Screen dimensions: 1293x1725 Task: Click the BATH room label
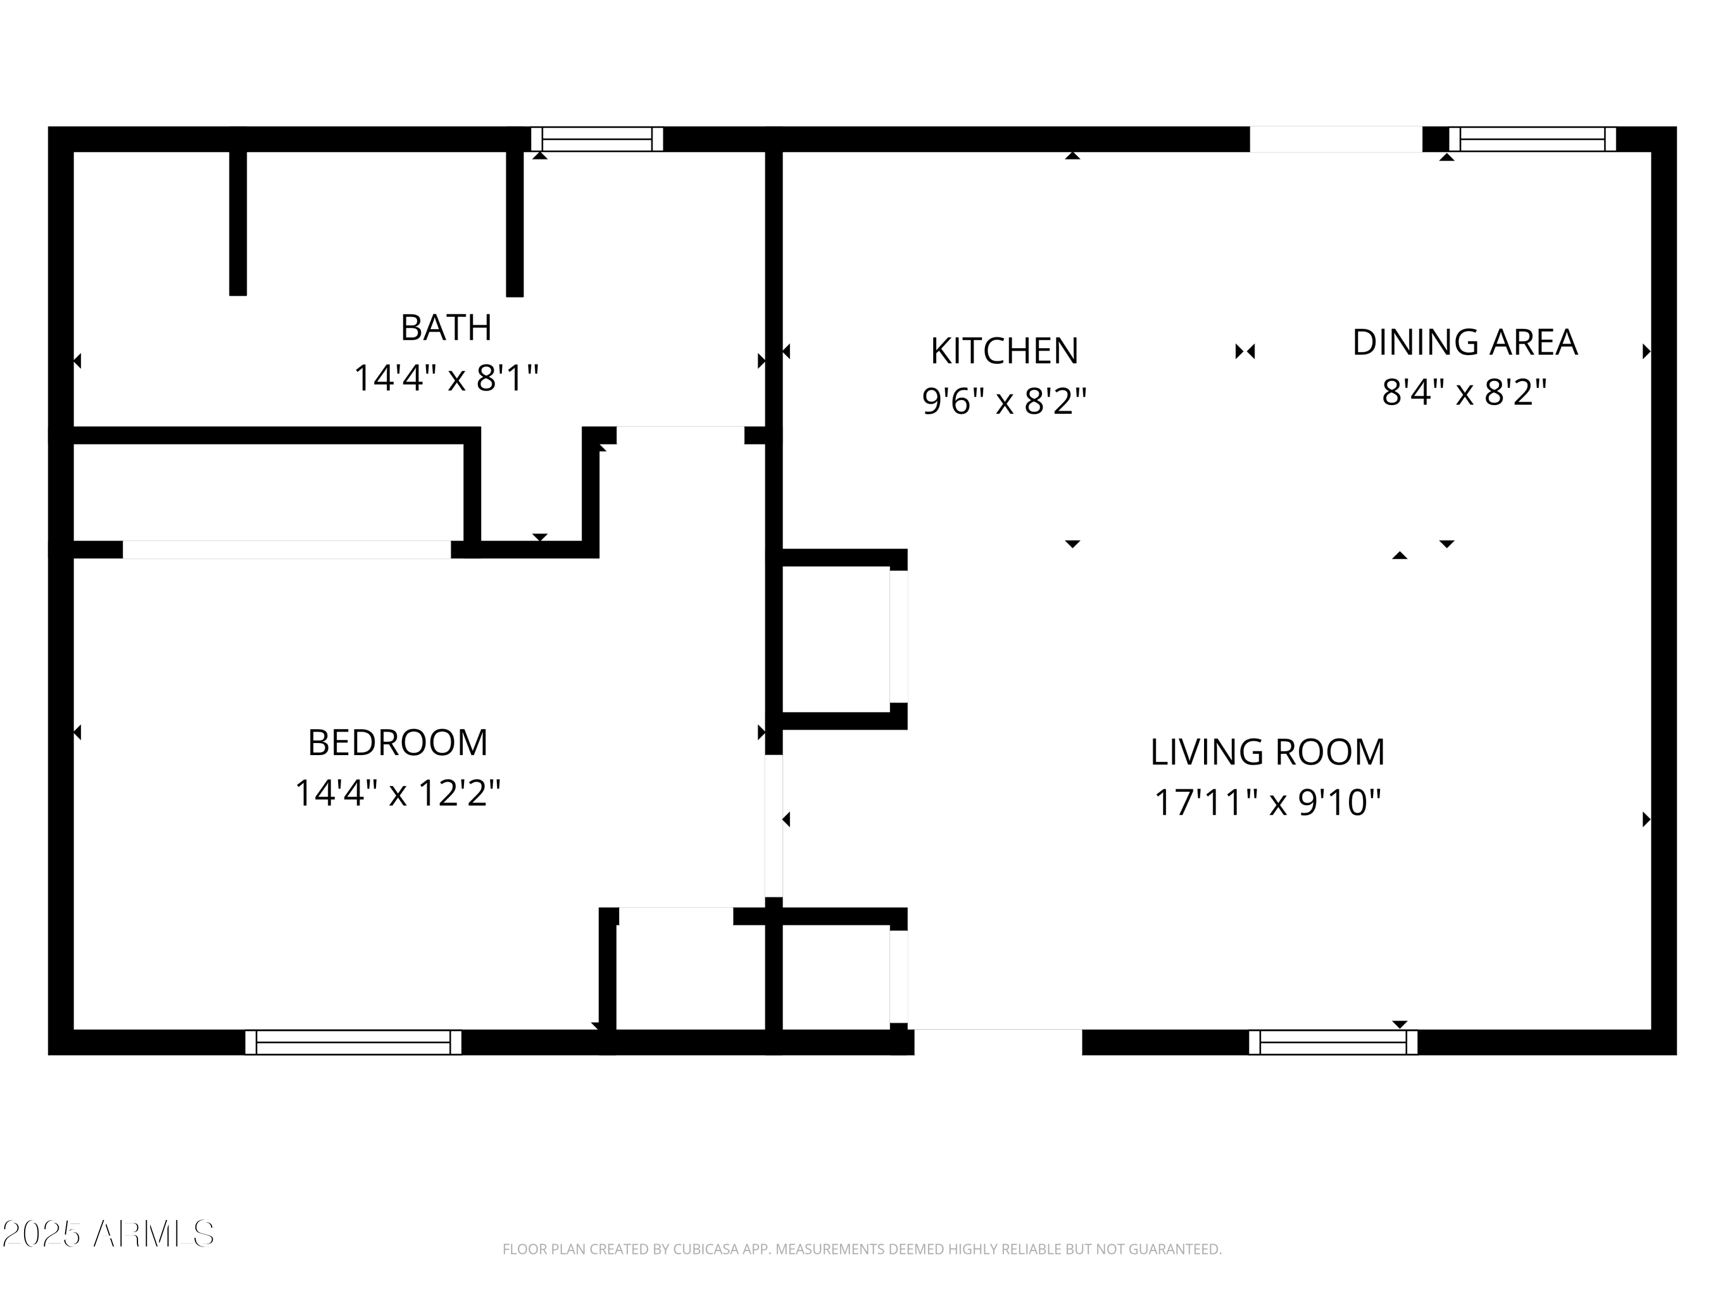pyautogui.click(x=446, y=328)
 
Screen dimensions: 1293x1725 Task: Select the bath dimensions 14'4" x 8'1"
pyautogui.click(x=446, y=379)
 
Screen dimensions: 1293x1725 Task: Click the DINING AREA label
pyautogui.click(x=1464, y=343)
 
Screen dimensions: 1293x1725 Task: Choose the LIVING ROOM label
pyautogui.click(x=1267, y=753)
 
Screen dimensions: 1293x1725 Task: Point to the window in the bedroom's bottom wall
pyautogui.click(x=353, y=1043)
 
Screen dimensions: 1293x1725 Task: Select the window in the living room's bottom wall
pyautogui.click(x=1333, y=1043)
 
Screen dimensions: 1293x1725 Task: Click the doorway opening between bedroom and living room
pyautogui.click(x=773, y=826)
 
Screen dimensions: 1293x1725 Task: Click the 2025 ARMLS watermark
pyautogui.click(x=109, y=1234)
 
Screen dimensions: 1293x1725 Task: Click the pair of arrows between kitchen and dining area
pyautogui.click(x=1245, y=352)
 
